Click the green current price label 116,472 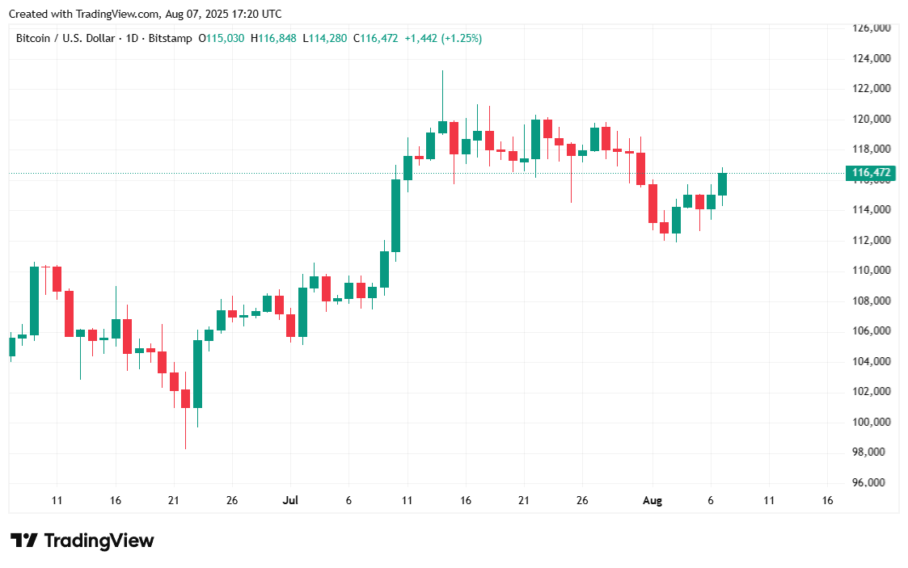[872, 173]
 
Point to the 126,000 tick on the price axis [872, 28]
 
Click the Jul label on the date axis [289, 501]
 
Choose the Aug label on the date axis [652, 501]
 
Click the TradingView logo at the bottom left [82, 541]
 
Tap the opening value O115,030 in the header [223, 38]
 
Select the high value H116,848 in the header [273, 38]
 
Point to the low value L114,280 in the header [325, 38]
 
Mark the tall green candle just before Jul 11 [396, 215]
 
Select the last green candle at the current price [723, 183]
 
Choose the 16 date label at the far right [827, 501]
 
